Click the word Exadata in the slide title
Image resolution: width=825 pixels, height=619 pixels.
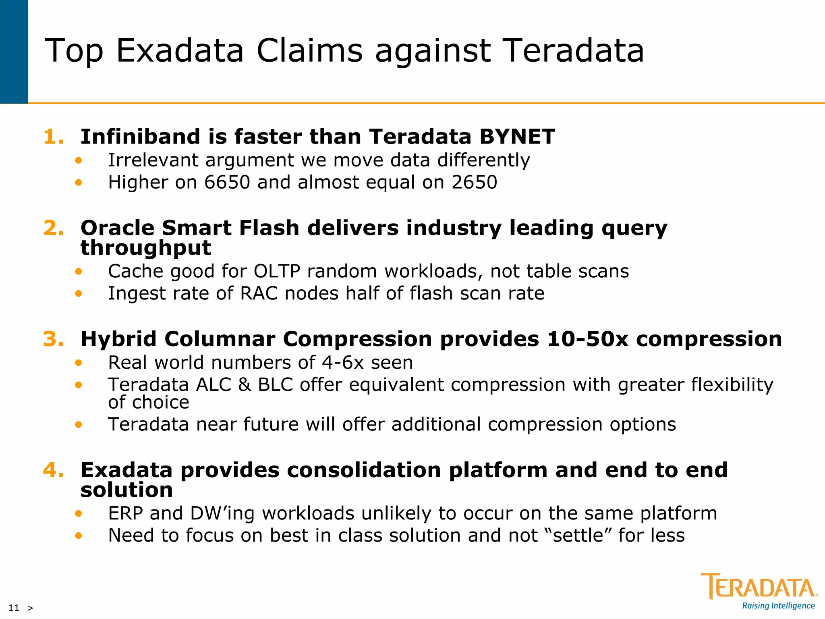(180, 51)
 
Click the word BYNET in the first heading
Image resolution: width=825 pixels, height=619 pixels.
(517, 137)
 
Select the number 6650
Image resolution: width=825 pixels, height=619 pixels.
(227, 182)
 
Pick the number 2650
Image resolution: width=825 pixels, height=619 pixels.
(474, 182)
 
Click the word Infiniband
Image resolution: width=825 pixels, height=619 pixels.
(140, 137)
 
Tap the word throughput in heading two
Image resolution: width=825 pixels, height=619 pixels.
(145, 247)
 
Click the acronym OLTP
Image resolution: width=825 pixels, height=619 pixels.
(277, 271)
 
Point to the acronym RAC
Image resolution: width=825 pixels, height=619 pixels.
(259, 293)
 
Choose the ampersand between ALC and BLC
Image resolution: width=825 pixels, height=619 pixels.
(245, 385)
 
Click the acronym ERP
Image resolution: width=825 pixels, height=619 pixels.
(125, 513)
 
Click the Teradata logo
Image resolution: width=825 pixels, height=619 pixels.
(759, 586)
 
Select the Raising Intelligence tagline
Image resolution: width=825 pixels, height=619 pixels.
(778, 606)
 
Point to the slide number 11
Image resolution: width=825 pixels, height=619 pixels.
(14, 608)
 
